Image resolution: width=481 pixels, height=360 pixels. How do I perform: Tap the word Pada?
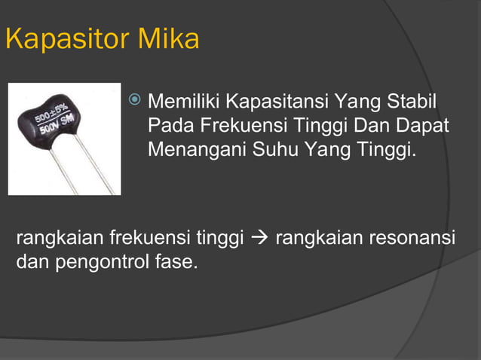167,126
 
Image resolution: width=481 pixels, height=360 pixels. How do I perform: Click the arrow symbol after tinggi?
260,239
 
